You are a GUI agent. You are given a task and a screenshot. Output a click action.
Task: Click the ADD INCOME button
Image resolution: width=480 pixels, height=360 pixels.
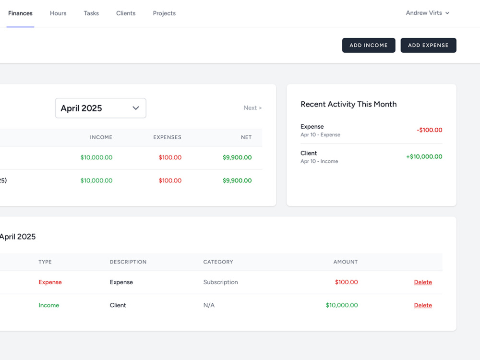pos(369,45)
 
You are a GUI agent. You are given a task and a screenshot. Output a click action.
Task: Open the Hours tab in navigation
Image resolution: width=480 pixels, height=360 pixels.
pos(58,13)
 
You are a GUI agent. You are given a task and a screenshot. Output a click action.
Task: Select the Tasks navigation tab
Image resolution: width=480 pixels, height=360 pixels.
pos(91,13)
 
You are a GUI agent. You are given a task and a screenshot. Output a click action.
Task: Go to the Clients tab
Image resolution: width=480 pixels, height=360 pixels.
pos(126,13)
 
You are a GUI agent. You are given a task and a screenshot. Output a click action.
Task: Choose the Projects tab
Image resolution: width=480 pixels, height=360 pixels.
pos(164,13)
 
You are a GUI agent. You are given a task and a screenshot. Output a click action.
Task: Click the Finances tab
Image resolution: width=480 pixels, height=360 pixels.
pos(20,13)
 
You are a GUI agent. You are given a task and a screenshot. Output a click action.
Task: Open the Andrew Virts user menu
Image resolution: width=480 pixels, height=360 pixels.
pos(427,13)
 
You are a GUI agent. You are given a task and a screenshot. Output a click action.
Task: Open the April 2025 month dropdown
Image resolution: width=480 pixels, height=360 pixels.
pos(101,108)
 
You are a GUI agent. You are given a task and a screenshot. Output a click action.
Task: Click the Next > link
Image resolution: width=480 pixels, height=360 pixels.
pos(252,108)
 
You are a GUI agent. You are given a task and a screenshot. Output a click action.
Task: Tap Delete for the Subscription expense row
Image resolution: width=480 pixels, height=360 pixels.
pos(423,282)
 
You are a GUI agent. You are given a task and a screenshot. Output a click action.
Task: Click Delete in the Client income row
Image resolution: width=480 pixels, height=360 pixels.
pos(423,305)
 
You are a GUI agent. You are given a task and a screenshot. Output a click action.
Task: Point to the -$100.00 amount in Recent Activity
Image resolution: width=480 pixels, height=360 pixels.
pos(429,130)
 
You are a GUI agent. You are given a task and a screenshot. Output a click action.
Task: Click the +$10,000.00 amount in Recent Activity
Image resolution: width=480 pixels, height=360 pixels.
pos(424,157)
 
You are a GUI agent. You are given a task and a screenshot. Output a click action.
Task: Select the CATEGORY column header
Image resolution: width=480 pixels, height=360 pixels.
pos(218,262)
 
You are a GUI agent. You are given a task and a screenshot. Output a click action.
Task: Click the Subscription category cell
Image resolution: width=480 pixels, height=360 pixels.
pos(221,282)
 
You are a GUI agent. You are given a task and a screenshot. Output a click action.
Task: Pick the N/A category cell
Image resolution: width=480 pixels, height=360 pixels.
pos(209,305)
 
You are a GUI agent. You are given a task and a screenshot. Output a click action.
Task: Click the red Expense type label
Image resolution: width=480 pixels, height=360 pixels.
pos(50,282)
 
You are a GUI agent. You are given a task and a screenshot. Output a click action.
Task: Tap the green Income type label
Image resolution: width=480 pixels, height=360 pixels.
pos(48,305)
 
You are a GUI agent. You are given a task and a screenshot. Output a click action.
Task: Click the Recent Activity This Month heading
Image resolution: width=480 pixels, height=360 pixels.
pos(348,104)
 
